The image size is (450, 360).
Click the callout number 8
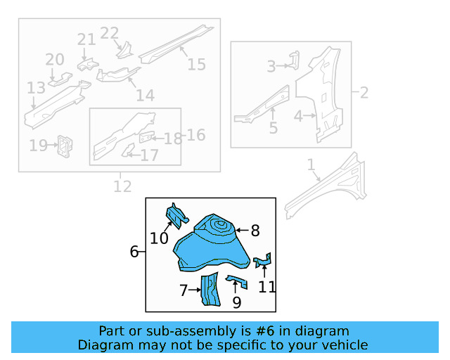coord(255,230)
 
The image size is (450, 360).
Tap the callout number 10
coord(159,239)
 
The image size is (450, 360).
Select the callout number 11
coord(266,286)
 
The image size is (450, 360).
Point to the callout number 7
coord(184,290)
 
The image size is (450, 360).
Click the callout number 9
coord(236,302)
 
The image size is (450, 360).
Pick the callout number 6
coord(134,252)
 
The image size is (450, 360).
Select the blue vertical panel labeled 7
coord(210,292)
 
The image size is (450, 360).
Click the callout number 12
coord(122,186)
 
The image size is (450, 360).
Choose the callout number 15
coord(196,65)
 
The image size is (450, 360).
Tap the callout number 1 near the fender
coord(311,165)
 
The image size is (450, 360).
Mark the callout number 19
coord(37,146)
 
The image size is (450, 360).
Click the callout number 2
coord(364,92)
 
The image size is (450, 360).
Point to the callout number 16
coord(196,134)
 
